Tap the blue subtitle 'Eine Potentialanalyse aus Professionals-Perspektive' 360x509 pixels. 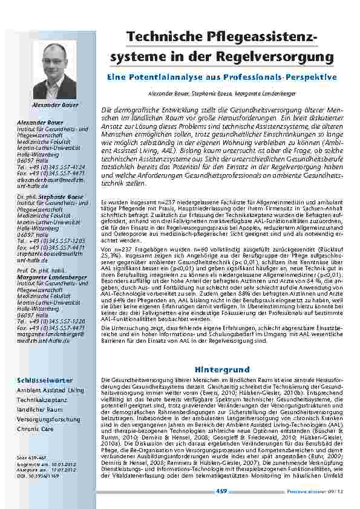click(x=221, y=78)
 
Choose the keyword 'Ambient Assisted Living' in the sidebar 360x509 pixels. click(x=50, y=391)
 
